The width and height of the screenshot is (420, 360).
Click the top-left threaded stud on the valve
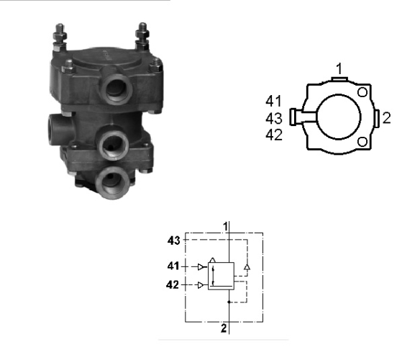click(60, 37)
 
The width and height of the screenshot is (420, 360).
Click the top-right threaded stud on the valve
click(142, 36)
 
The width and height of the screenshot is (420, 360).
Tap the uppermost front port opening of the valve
click(117, 89)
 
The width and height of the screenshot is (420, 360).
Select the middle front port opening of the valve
click(113, 145)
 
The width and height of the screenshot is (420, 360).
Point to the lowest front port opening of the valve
click(112, 183)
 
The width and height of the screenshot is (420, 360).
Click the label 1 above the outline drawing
click(339, 69)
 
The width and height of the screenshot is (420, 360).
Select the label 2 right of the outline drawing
click(386, 118)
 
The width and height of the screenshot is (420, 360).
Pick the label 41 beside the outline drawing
click(273, 101)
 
